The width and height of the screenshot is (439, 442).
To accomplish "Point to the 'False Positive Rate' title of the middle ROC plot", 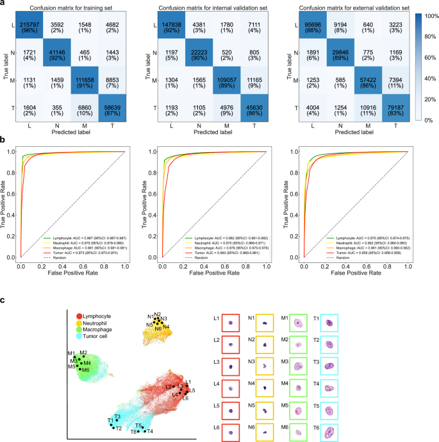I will click(x=215, y=274).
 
